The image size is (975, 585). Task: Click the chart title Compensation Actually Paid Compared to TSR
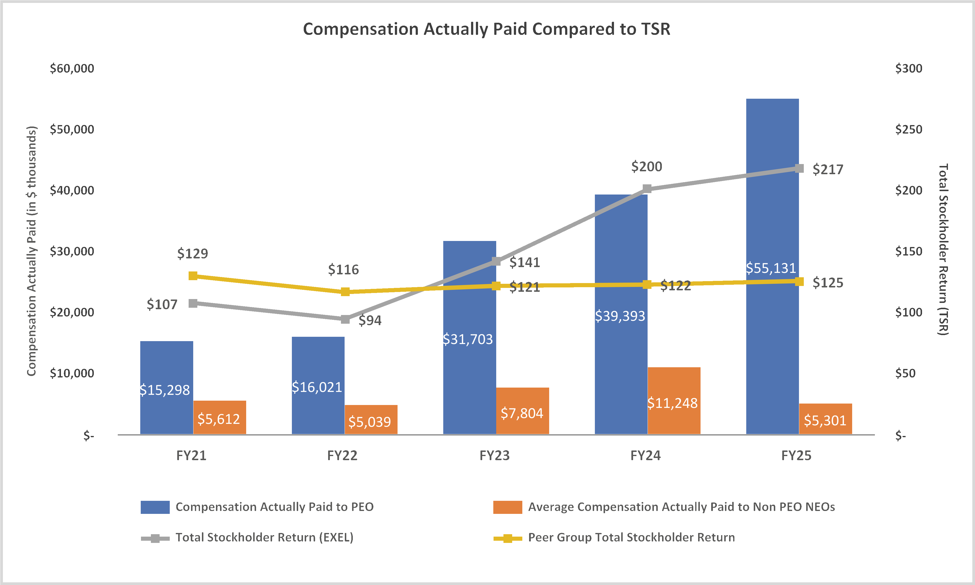(487, 29)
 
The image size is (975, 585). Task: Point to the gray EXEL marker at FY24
(647, 189)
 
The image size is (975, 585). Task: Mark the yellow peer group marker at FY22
(345, 292)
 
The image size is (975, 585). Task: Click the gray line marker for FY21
(193, 303)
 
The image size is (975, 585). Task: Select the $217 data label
(828, 170)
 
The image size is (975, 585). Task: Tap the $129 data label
(192, 254)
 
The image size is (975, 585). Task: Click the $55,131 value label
(771, 268)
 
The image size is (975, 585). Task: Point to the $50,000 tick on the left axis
(72, 129)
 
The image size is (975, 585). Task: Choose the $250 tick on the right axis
(909, 129)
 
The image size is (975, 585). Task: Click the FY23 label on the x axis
(495, 456)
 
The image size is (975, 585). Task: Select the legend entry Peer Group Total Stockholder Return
(631, 537)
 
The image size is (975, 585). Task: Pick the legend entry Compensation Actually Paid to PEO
(274, 507)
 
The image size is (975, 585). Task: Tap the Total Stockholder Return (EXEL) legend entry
(264, 537)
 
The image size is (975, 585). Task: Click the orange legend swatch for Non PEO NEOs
(507, 507)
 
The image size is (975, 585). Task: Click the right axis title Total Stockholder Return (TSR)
(943, 249)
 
